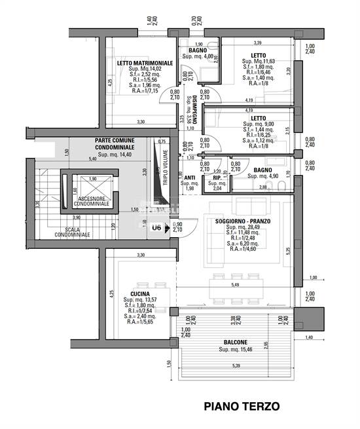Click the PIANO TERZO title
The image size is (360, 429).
[x=242, y=406]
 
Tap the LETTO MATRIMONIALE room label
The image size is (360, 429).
[x=145, y=63]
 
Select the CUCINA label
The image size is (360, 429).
[x=140, y=294]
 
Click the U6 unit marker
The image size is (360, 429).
[x=156, y=228]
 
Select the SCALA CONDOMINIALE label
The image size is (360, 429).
[x=73, y=231]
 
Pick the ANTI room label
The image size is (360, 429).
[x=189, y=177]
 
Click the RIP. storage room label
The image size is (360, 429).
[x=217, y=177]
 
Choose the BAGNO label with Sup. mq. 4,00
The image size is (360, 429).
[x=198, y=50]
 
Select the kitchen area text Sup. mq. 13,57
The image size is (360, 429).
[x=140, y=301]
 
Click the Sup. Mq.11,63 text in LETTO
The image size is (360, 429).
[x=259, y=61]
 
